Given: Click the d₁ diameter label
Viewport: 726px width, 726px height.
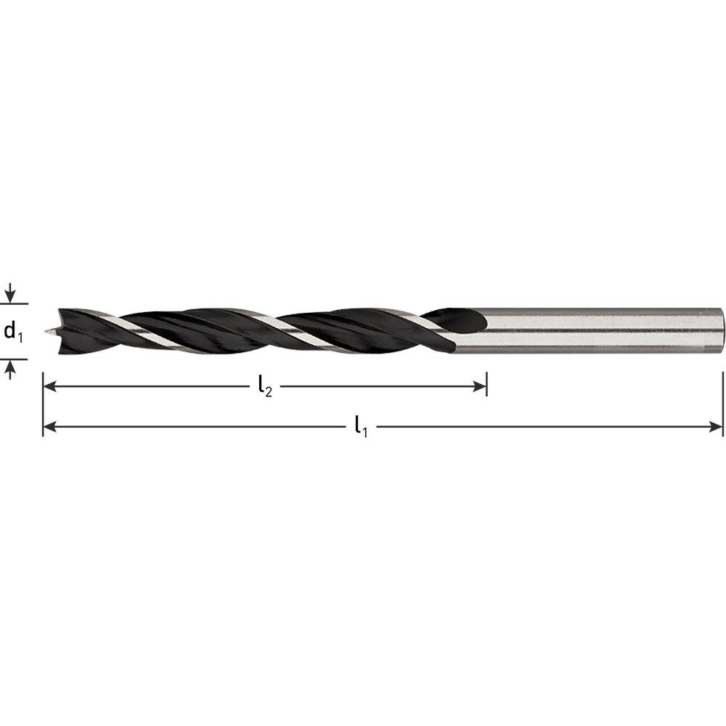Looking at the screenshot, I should tap(13, 332).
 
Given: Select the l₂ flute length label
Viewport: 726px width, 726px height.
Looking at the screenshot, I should tap(265, 388).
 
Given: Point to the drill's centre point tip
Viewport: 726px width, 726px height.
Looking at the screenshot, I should tap(46, 333).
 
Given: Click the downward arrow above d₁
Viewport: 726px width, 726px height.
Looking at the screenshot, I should tap(9, 294).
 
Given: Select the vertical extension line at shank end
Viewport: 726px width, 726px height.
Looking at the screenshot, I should tap(723, 403).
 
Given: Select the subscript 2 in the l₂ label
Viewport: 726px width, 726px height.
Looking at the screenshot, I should tap(269, 392).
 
